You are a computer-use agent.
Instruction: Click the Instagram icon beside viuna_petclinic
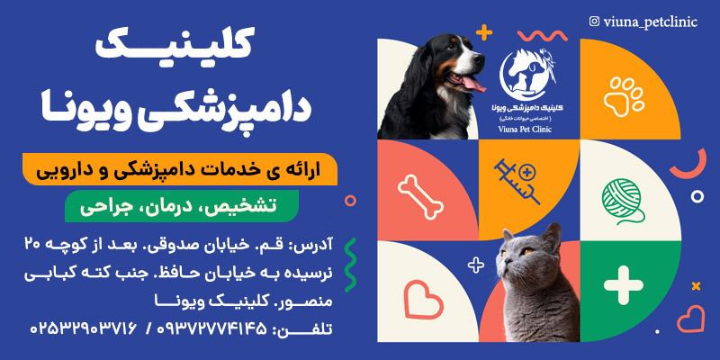594,20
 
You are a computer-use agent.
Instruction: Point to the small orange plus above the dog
486,34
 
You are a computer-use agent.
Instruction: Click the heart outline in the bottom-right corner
691,318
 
